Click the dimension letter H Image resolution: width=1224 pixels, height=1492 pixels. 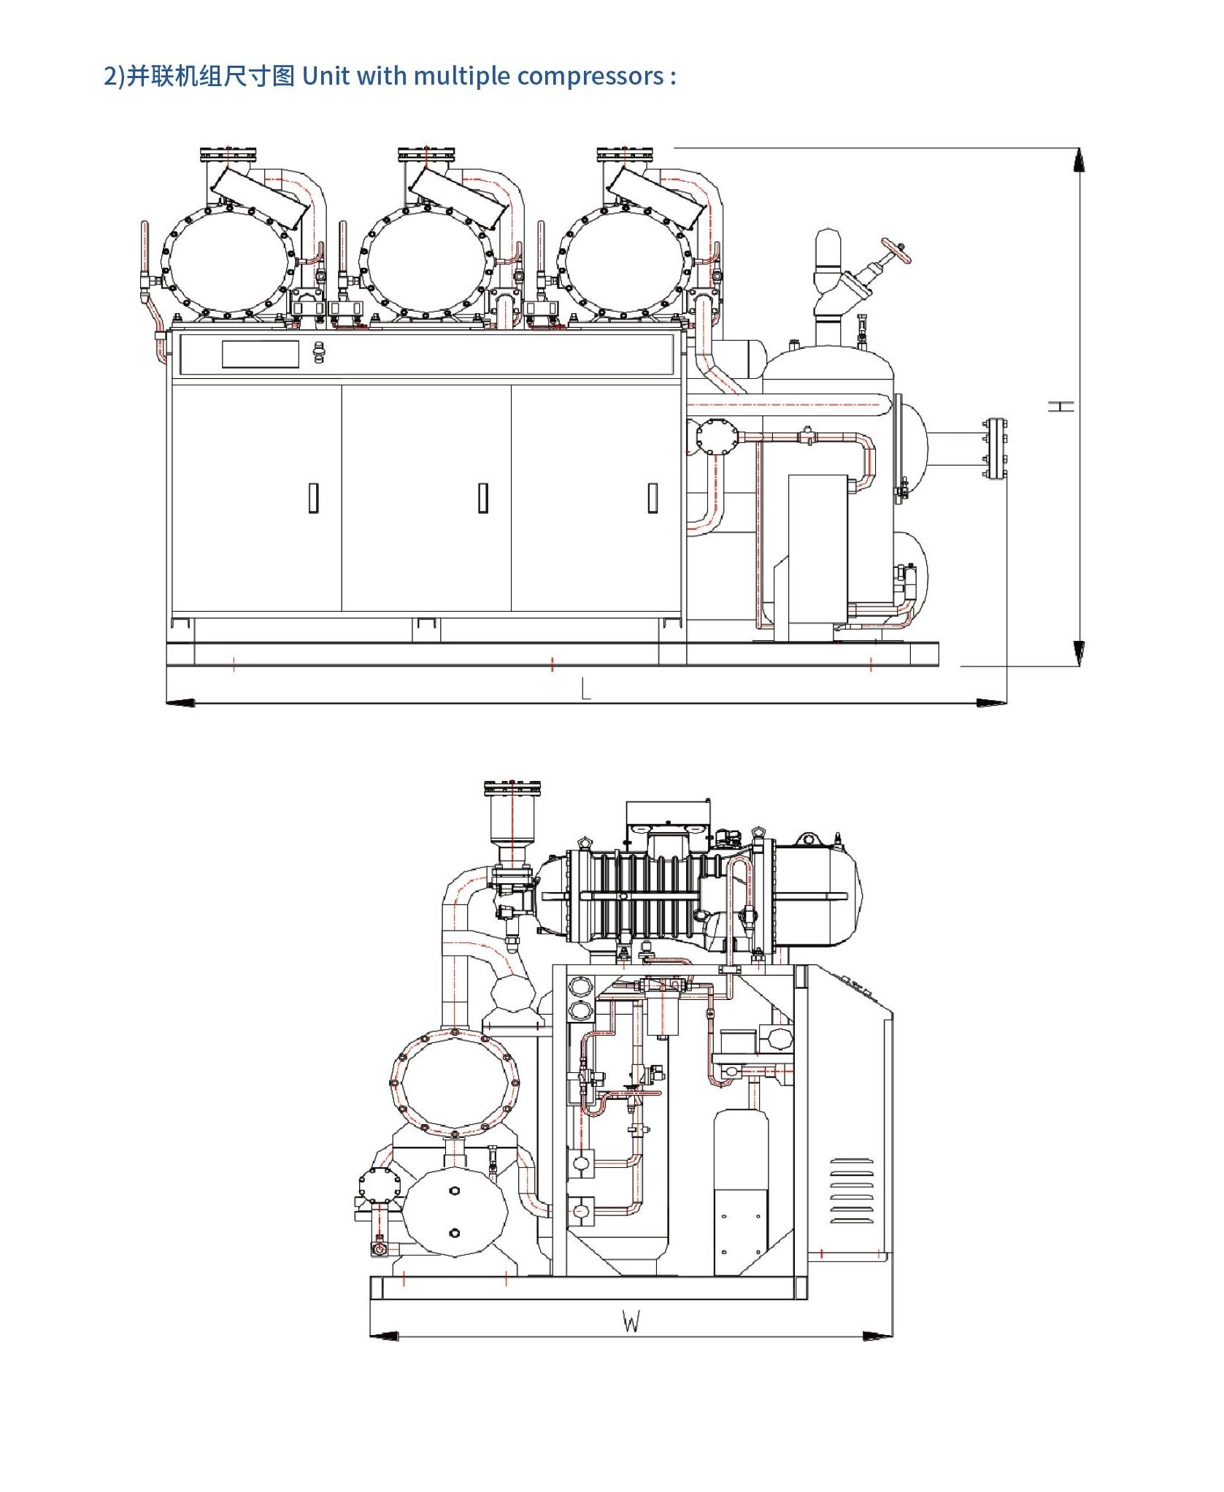[x=1062, y=406]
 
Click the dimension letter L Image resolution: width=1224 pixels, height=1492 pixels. [x=586, y=688]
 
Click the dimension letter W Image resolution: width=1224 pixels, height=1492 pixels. [x=631, y=1321]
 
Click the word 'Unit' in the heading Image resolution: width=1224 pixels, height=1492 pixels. [x=326, y=75]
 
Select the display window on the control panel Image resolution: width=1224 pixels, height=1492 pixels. [x=261, y=354]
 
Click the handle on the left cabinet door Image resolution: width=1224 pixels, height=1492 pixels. [x=314, y=498]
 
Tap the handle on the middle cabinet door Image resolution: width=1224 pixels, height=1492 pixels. [x=483, y=498]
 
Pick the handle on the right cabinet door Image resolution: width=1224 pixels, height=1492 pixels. [x=653, y=498]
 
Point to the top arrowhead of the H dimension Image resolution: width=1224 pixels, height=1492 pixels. [x=1079, y=160]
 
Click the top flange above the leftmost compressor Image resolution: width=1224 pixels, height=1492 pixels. [x=228, y=155]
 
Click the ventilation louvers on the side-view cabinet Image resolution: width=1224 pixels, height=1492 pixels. [x=852, y=1191]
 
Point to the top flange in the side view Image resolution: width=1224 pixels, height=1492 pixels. [x=512, y=789]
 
